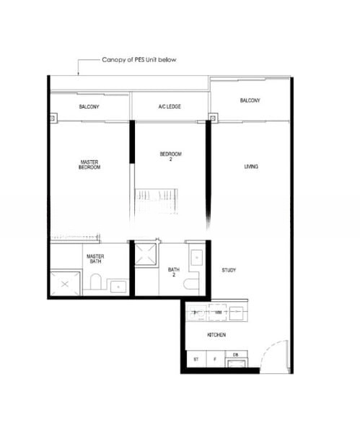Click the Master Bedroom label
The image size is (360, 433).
point(89,164)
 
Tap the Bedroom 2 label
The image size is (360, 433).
point(170,157)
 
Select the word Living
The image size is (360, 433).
point(251,167)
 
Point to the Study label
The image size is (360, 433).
point(229,271)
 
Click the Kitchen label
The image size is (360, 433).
point(217,336)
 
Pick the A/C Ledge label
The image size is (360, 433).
point(170,107)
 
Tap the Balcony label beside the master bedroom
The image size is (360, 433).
point(89,107)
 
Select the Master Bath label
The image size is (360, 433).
point(95,259)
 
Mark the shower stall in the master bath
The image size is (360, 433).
point(65,284)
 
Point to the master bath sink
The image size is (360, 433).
point(118,287)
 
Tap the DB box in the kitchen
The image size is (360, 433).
point(236,358)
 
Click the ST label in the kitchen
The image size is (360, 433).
point(196,359)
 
